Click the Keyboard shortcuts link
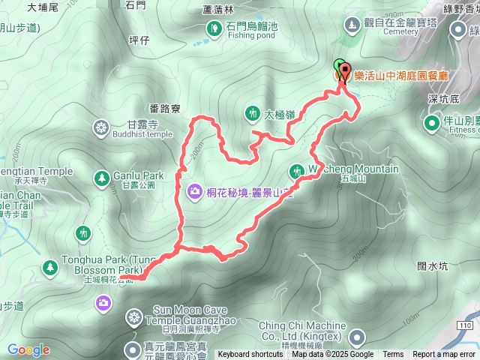pyautogui.click(x=250, y=355)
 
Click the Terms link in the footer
pyautogui.click(x=393, y=355)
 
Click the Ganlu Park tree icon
pyautogui.click(x=101, y=178)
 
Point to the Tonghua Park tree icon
pyautogui.click(x=50, y=266)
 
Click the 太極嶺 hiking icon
pyautogui.click(x=251, y=114)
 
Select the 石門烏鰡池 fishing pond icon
pyautogui.click(x=213, y=28)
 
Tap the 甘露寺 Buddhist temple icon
pyautogui.click(x=100, y=128)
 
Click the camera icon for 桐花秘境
pyautogui.click(x=195, y=192)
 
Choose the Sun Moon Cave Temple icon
pyautogui.click(x=133, y=318)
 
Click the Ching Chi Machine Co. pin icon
pyautogui.click(x=357, y=337)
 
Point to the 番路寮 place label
pyautogui.click(x=165, y=109)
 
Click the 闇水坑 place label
pyautogui.click(x=432, y=265)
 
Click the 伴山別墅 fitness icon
pyautogui.click(x=432, y=122)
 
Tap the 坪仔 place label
pyautogui.click(x=140, y=40)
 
